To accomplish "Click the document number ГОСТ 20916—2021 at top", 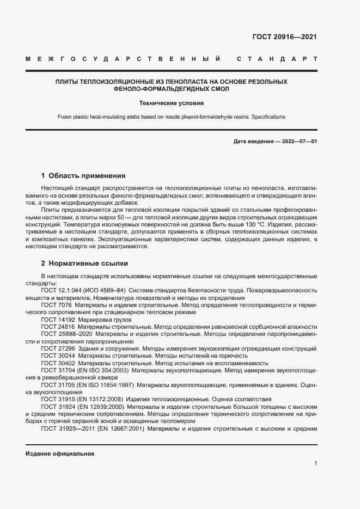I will [x=284, y=37].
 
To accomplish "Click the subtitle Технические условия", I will [x=171, y=102].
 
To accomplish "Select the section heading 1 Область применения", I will [x=83, y=176].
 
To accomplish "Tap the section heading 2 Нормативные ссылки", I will [x=84, y=262].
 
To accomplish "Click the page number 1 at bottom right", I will [x=316, y=463].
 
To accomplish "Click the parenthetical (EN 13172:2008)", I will [x=100, y=399].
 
